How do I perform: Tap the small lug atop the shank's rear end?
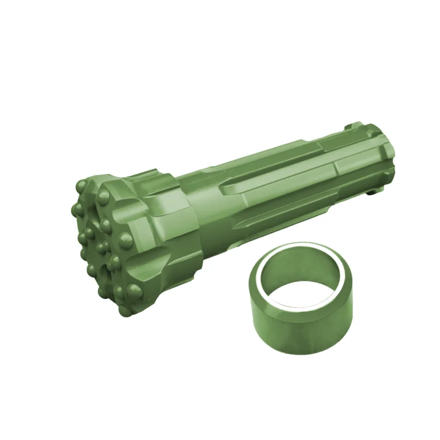[353, 125]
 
